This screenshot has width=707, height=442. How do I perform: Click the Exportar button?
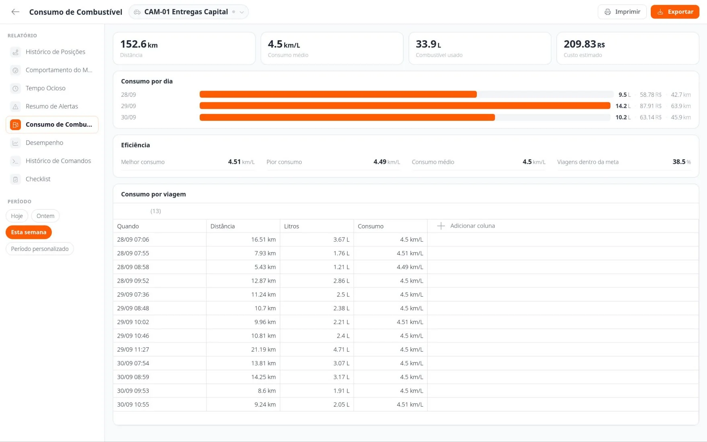(x=675, y=12)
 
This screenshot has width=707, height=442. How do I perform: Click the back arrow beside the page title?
(x=15, y=12)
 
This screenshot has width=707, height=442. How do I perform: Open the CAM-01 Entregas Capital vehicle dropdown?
(x=188, y=12)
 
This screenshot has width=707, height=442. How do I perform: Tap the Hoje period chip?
(x=17, y=216)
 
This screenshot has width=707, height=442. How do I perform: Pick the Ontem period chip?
(x=45, y=216)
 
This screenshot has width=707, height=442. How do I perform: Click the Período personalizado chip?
(x=40, y=249)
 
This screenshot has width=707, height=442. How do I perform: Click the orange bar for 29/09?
(x=405, y=106)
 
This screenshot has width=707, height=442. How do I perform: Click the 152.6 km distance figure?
(x=139, y=44)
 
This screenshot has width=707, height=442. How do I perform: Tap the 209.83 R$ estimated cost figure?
(x=584, y=44)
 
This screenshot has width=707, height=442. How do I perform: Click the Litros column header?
(x=292, y=226)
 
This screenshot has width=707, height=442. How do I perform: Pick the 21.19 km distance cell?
(x=264, y=349)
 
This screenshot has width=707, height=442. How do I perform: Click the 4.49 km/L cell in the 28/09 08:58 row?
(x=410, y=267)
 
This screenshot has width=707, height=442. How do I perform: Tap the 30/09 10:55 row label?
(x=133, y=404)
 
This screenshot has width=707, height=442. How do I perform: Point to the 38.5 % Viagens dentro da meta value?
(x=682, y=162)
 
